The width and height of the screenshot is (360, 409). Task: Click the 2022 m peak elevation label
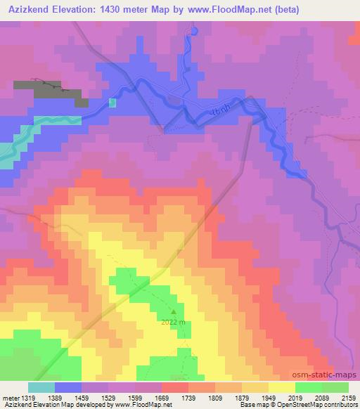pyautogui.click(x=173, y=323)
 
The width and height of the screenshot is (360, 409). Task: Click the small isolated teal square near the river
pyautogui.click(x=112, y=103)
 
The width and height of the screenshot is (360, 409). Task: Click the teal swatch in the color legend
pyautogui.click(x=41, y=387)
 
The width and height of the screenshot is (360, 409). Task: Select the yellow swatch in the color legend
pyautogui.click(x=281, y=387)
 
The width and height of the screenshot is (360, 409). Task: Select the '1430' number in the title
pyautogui.click(x=122, y=10)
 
